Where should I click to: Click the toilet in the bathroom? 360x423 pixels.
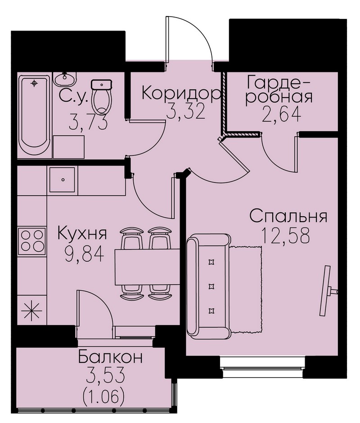point(102,97)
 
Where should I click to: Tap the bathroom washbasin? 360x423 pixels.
point(65,79)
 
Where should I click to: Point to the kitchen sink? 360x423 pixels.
point(63,179)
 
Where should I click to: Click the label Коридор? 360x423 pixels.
point(181,94)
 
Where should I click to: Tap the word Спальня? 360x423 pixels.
point(288,217)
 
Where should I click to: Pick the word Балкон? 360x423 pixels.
point(110,357)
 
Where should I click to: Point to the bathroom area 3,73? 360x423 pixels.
point(88,122)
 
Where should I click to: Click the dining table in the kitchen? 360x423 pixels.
point(148,267)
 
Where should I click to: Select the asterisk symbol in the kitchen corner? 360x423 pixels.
point(31,311)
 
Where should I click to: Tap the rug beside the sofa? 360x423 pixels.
point(246,289)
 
